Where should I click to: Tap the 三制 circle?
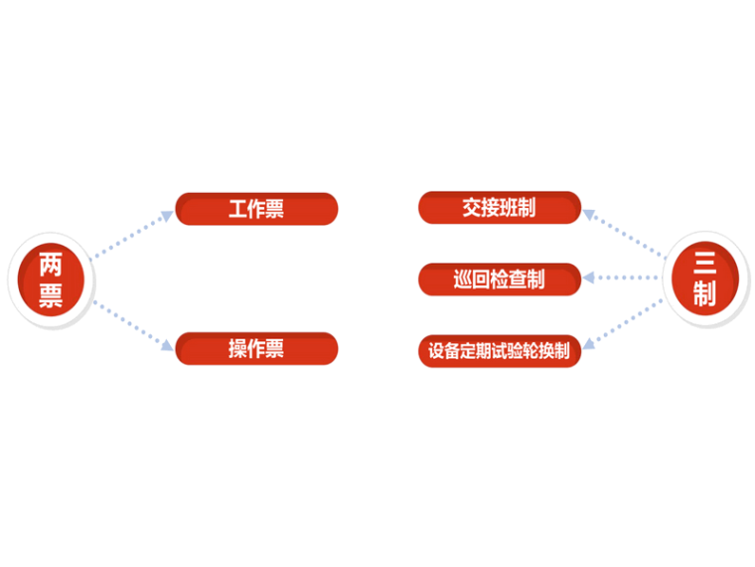point(704,279)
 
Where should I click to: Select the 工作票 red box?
point(256,209)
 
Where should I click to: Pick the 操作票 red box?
point(256,348)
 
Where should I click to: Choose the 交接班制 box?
point(499,208)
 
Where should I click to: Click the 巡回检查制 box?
point(499,280)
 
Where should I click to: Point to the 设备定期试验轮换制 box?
point(499,350)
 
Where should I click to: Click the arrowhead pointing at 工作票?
point(167,213)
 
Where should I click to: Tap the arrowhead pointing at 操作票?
point(167,346)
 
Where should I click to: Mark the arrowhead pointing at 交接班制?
point(588,212)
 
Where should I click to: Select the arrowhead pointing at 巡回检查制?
point(588,280)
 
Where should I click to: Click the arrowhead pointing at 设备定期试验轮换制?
point(588,345)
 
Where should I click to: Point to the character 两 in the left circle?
point(51,265)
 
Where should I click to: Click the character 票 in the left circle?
point(51,296)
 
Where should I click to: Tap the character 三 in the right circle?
point(704,264)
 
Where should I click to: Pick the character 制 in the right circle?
point(704,294)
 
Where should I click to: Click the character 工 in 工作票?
point(238,210)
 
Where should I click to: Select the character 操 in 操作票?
point(238,349)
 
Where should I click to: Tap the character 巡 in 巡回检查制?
point(463,281)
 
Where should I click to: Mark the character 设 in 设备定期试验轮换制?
point(435,351)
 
